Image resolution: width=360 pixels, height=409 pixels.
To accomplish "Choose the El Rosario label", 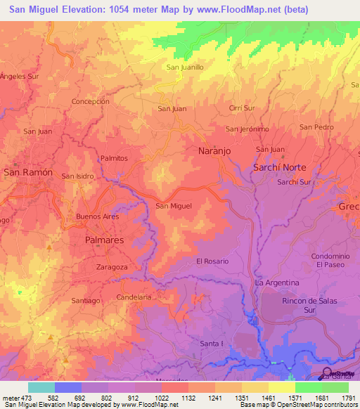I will click(212, 261).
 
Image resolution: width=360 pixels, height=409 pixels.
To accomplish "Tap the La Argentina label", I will click(277, 283).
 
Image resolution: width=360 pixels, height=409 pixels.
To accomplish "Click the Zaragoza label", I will click(111, 268).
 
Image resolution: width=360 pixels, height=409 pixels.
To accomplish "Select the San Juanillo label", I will click(184, 67).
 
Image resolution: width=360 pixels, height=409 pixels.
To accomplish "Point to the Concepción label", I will click(90, 101).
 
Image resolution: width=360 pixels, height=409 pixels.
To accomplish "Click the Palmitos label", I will click(114, 159).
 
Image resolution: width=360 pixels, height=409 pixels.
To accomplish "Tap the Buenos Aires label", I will click(97, 216).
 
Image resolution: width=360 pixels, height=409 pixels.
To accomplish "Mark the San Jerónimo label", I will click(247, 129).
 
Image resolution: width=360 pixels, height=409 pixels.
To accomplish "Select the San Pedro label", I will click(316, 127).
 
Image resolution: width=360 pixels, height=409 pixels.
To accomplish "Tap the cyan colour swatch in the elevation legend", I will click(41, 387).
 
